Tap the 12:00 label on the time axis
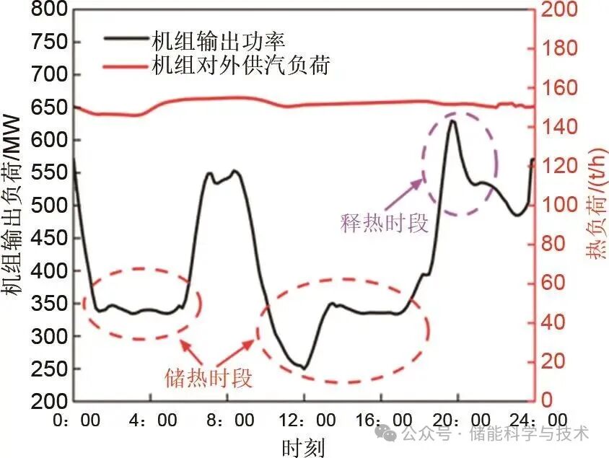(x=305, y=420)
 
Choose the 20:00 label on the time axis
(x=460, y=420)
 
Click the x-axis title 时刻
(x=303, y=446)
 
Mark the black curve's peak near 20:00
(x=452, y=120)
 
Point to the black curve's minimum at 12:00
(x=304, y=368)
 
